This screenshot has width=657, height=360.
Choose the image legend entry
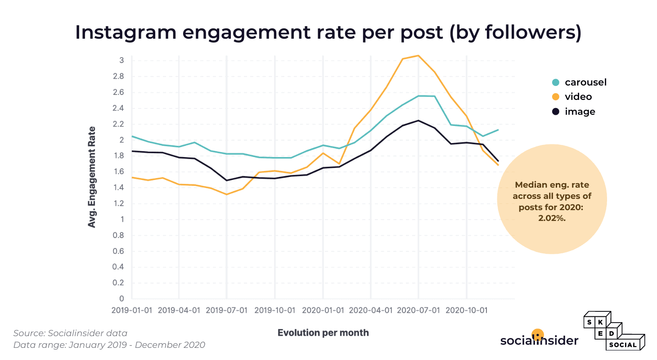tap(574, 112)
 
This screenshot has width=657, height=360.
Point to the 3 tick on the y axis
tap(121, 60)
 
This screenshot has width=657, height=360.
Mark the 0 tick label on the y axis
tap(121, 299)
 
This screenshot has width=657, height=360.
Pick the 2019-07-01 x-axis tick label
tap(226, 310)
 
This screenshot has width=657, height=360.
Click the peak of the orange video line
tap(418, 56)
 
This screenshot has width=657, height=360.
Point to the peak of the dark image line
tap(418, 121)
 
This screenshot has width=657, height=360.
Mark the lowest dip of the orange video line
tap(227, 194)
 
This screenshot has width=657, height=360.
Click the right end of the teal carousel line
tap(498, 130)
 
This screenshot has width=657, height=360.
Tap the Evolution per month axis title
tap(323, 333)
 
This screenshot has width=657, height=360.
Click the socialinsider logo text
tap(539, 341)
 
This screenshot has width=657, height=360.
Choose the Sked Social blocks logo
tap(614, 331)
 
